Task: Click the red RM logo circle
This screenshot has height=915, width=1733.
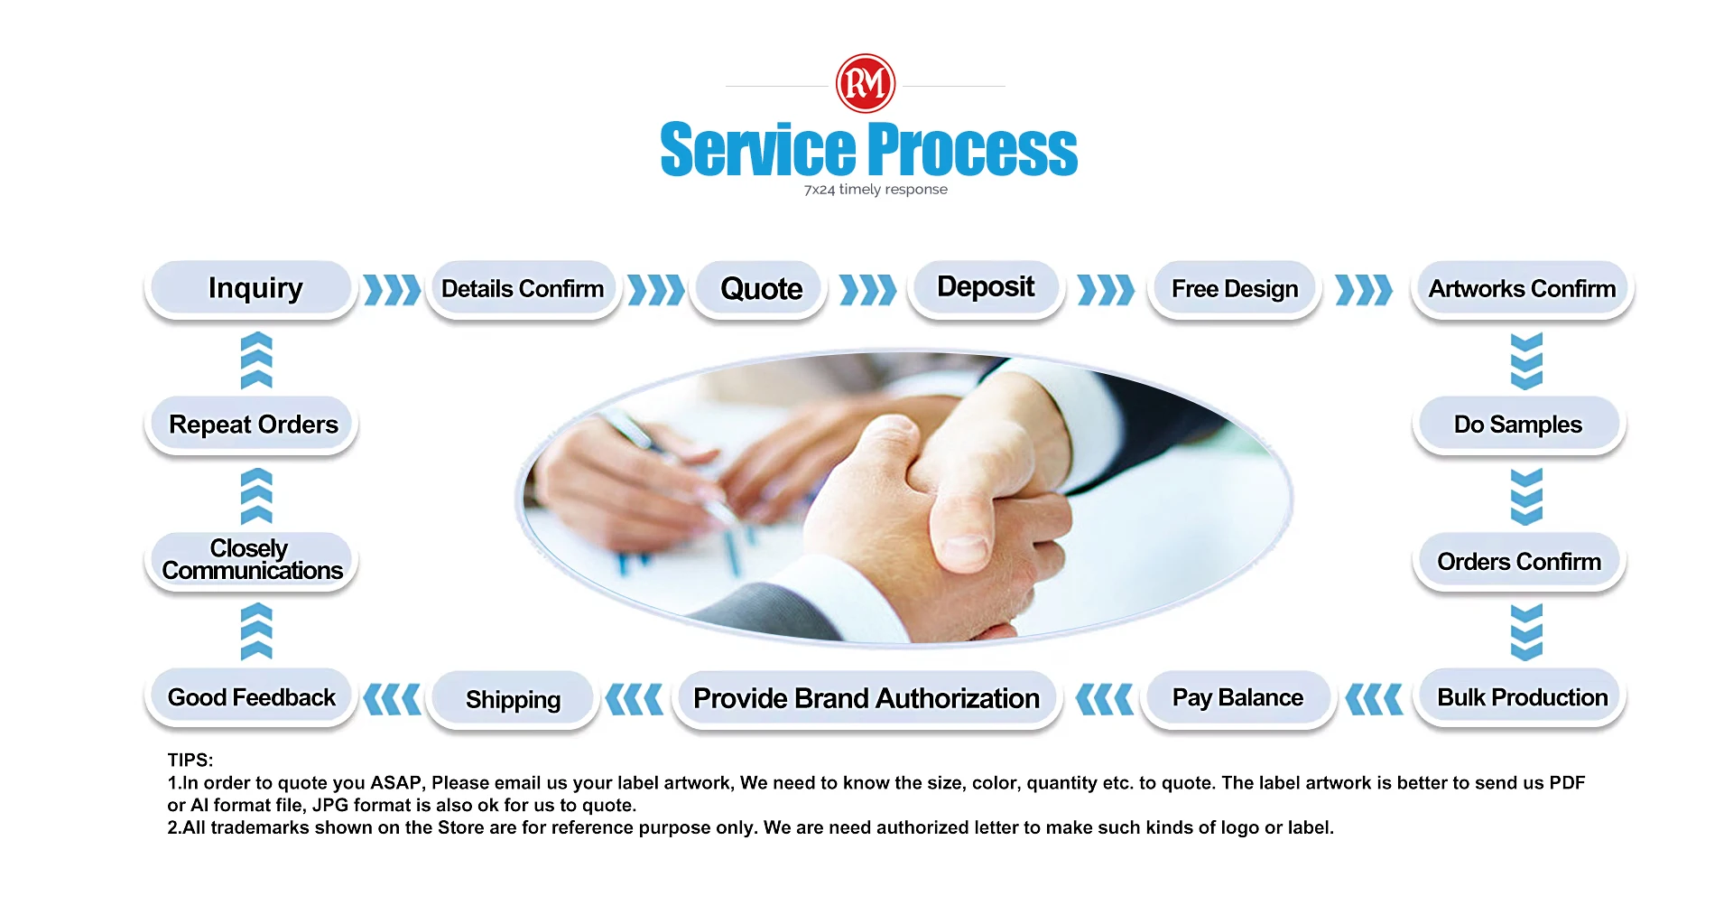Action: [866, 83]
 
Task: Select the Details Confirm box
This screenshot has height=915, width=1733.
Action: [524, 289]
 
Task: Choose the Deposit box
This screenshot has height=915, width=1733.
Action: [986, 288]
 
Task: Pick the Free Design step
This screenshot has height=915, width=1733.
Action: [1234, 289]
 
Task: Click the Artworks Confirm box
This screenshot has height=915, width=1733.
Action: [1523, 289]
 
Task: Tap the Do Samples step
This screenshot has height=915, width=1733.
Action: [1519, 425]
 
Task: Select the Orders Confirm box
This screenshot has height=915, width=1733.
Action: [1519, 562]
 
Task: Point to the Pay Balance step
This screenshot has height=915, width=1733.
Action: [1238, 698]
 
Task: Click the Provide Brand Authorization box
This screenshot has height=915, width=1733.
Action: [866, 698]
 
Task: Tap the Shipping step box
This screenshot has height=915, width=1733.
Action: [513, 699]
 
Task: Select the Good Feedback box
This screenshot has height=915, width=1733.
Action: [251, 697]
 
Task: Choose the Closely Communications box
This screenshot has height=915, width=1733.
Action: [251, 561]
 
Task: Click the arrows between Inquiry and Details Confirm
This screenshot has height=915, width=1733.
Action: [392, 290]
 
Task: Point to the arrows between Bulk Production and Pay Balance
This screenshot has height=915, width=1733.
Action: [1374, 699]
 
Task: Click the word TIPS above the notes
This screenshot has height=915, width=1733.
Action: [190, 761]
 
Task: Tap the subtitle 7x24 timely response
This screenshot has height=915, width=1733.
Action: [876, 190]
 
